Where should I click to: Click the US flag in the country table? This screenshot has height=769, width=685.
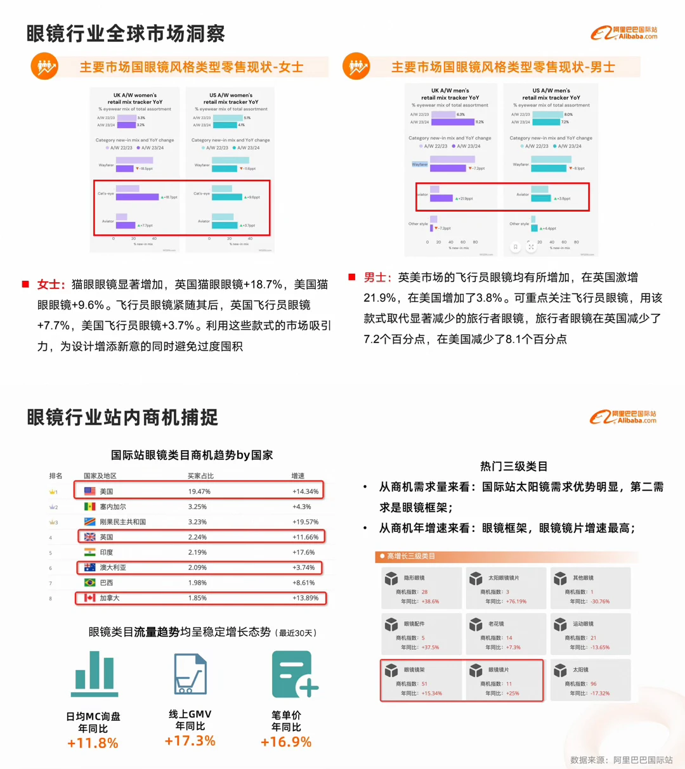[90, 491]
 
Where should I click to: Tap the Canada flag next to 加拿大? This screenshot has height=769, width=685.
[90, 598]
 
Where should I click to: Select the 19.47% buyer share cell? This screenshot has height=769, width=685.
[199, 491]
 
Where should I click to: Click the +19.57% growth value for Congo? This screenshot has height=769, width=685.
[305, 522]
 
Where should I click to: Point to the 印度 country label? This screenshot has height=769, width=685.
[106, 552]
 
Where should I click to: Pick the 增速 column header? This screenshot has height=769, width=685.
[298, 475]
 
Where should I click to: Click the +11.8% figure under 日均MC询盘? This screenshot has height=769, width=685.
[93, 743]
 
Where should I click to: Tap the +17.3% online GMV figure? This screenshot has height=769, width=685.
[190, 740]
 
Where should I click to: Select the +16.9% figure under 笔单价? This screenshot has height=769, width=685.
[286, 742]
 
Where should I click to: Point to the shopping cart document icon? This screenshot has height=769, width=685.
[190, 673]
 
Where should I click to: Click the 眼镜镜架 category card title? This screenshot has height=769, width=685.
[414, 669]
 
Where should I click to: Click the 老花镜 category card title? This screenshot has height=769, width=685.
[496, 624]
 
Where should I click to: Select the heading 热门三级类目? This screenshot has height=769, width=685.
[513, 467]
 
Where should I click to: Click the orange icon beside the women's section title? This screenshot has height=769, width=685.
[44, 67]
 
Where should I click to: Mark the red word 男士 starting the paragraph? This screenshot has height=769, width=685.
[375, 277]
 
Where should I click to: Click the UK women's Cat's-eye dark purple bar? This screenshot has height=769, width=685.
[137, 197]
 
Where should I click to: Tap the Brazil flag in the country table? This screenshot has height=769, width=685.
[90, 583]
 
